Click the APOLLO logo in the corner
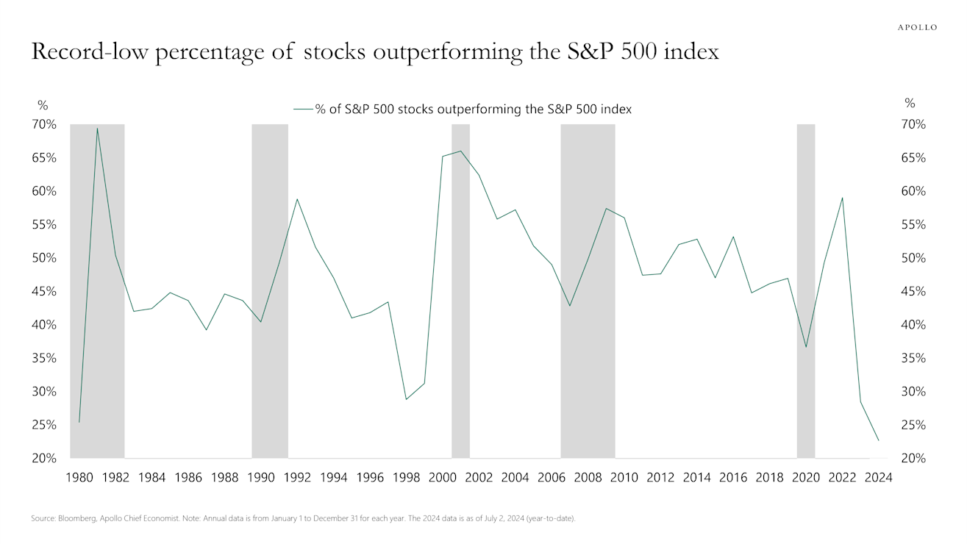point(917,27)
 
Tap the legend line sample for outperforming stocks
point(303,109)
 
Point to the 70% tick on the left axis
point(44,124)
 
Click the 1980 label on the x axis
point(79,477)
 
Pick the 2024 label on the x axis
point(878,477)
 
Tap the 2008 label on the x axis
point(588,477)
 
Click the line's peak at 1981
point(97,128)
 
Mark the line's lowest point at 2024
point(878,440)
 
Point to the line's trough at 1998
point(406,399)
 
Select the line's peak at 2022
point(842,198)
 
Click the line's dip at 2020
point(806,347)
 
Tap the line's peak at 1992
point(297,199)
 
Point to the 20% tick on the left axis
point(44,458)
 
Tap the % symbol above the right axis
point(910,104)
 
